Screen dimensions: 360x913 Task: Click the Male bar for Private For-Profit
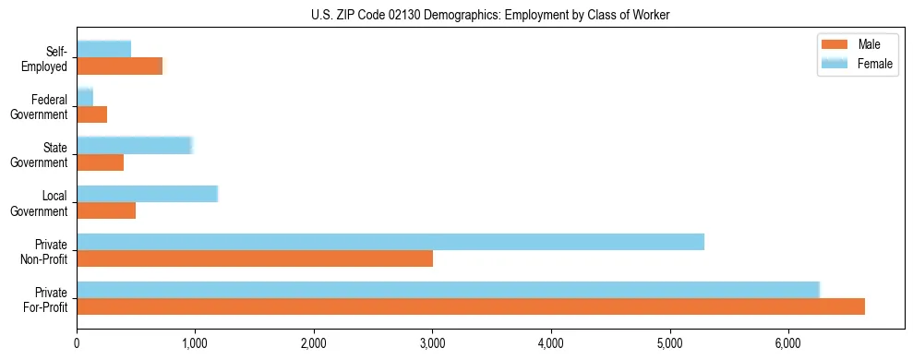click(471, 306)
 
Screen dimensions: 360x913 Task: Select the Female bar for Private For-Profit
click(448, 290)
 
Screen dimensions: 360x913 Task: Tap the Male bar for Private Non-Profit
click(255, 258)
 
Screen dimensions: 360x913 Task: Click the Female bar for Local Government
click(147, 194)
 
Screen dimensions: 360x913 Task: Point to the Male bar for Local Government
click(106, 210)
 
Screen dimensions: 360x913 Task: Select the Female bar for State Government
click(134, 146)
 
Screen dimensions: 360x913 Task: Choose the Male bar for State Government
click(101, 162)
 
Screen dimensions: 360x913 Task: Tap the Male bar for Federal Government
click(92, 114)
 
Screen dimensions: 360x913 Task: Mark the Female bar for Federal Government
click(85, 97)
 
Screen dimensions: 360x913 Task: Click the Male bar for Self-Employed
click(120, 66)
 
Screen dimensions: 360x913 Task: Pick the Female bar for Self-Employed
click(104, 49)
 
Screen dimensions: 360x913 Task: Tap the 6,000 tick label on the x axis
click(788, 343)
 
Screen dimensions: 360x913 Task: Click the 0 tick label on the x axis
click(78, 343)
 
